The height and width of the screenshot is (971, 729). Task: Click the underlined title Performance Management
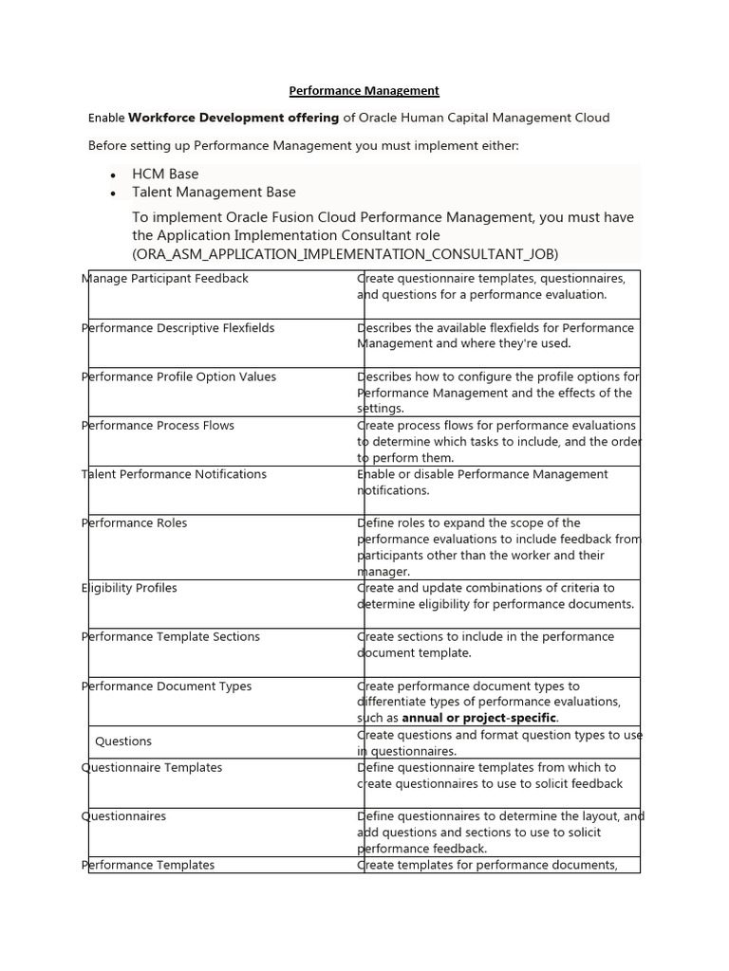[x=364, y=91]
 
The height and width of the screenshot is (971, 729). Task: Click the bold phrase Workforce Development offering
[x=234, y=118]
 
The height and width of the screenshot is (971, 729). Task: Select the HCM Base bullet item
[x=165, y=174]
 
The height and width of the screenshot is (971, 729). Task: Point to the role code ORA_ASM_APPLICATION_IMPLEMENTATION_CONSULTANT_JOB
[x=346, y=253]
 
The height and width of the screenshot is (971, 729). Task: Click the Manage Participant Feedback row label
[x=165, y=279]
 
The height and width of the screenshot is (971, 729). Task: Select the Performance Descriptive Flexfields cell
[x=178, y=328]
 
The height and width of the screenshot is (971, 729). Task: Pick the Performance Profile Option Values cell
[x=179, y=376]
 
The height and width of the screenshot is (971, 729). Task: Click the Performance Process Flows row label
[x=158, y=426]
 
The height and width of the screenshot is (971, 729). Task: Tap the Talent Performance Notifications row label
[x=175, y=474]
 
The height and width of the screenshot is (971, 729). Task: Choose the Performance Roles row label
[x=135, y=523]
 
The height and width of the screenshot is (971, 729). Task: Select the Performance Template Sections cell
[x=171, y=637]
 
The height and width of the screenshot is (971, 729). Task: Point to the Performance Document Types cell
[x=167, y=687]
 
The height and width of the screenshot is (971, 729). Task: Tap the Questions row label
[x=123, y=742]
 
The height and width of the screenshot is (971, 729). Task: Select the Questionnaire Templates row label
[x=152, y=767]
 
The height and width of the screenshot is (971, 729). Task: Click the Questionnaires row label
[x=124, y=816]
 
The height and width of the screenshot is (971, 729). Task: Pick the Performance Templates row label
[x=148, y=865]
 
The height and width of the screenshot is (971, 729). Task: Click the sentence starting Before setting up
[x=304, y=146]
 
